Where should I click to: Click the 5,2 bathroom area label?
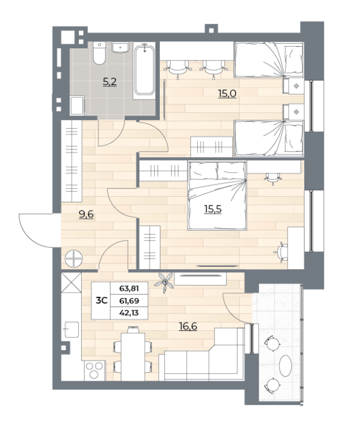click(x=109, y=81)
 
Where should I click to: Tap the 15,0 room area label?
click(x=227, y=94)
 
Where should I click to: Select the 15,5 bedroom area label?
click(x=213, y=209)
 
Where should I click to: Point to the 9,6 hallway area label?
click(x=86, y=214)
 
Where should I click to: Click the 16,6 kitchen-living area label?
click(x=188, y=326)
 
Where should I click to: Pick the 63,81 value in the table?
click(x=129, y=288)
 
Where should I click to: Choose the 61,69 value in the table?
click(x=129, y=301)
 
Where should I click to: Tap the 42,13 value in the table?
click(x=129, y=313)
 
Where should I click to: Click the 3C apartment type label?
click(x=102, y=300)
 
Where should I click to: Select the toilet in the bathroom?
click(x=99, y=53)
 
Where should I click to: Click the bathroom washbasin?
click(x=120, y=48)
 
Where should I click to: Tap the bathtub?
click(x=144, y=70)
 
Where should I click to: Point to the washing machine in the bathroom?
click(x=78, y=105)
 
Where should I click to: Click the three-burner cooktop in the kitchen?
click(x=95, y=370)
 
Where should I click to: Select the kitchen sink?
click(x=71, y=330)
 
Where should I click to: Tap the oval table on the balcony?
click(x=285, y=366)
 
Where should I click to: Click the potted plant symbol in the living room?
click(x=164, y=282)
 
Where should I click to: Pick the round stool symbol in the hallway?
click(x=74, y=259)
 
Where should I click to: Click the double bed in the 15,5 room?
click(x=217, y=196)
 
